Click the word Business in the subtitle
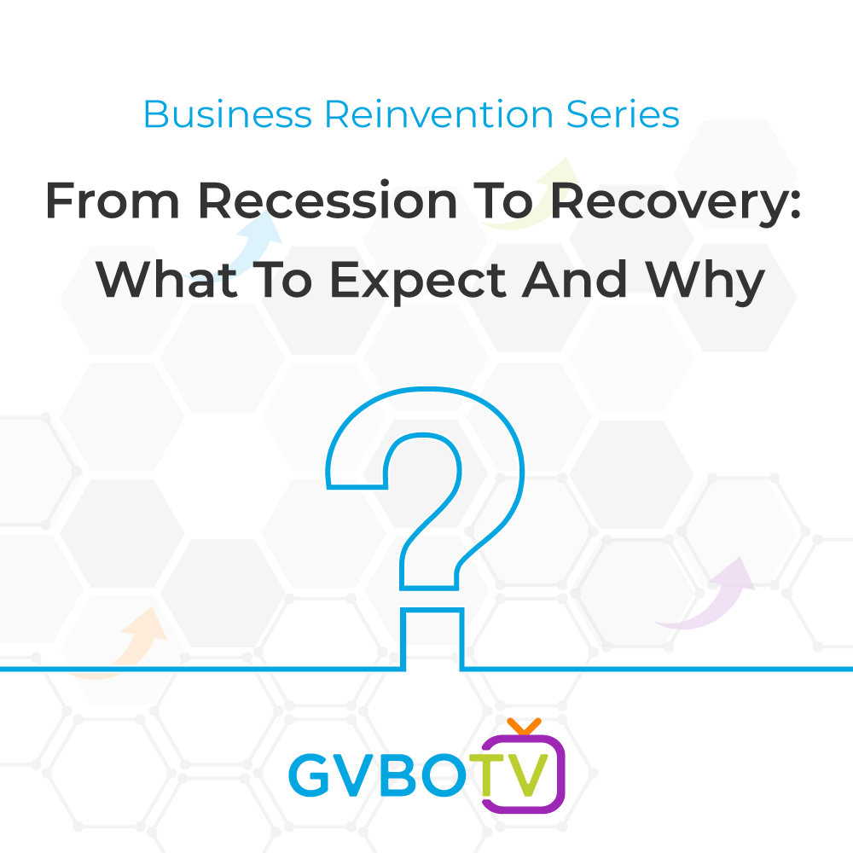coord(228,114)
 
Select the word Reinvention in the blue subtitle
coord(439,114)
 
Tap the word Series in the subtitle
coord(623,114)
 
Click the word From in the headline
coord(113,200)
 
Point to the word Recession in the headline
coord(328,200)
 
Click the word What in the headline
coord(166,279)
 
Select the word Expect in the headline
coord(418,282)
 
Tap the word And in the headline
coord(574,279)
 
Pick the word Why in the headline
coord(705,281)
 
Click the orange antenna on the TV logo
coord(524,726)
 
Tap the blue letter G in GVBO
coord(310,775)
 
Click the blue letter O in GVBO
coord(444,775)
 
